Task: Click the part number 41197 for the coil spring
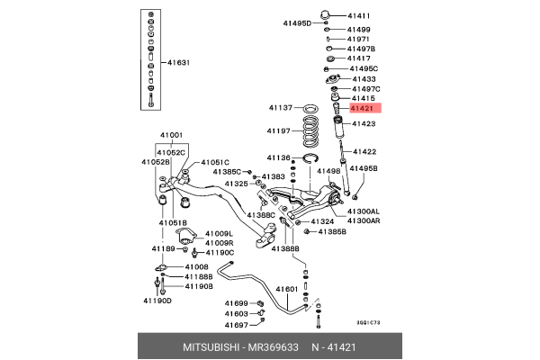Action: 279,130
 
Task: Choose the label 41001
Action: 171,136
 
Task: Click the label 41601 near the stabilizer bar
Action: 286,289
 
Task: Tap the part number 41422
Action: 364,151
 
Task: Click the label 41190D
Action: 155,301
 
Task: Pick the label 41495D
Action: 298,24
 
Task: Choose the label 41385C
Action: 227,171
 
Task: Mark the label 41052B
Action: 155,162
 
